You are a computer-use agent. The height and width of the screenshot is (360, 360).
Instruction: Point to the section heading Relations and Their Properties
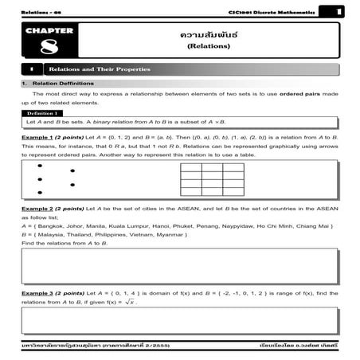click(x=100, y=69)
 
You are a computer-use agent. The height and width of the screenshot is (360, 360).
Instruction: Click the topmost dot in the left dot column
click(x=40, y=166)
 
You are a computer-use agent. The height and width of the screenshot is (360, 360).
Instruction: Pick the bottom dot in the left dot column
click(x=40, y=193)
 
